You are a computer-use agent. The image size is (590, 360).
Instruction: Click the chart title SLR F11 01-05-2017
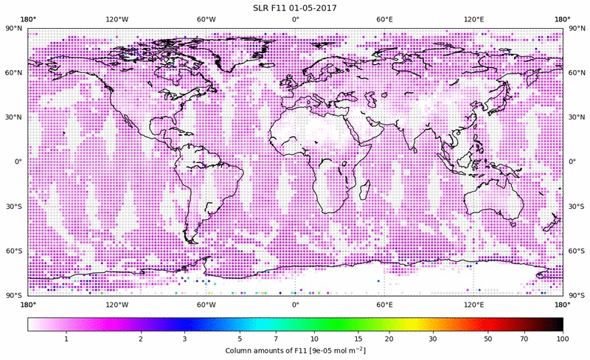[295, 7]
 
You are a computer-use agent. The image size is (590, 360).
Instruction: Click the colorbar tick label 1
[66, 339]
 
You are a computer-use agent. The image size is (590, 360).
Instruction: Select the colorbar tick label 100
[563, 339]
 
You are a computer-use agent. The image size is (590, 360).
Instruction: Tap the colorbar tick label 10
[315, 339]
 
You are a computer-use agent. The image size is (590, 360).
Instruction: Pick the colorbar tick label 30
[433, 339]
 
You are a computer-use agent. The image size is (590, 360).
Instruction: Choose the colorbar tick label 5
[240, 339]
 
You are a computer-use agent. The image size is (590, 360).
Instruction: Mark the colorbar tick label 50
[488, 339]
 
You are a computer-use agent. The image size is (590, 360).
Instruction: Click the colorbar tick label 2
[140, 339]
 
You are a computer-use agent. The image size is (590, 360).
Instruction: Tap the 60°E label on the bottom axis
[384, 303]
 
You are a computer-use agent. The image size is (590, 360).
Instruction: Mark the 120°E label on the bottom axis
[473, 303]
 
